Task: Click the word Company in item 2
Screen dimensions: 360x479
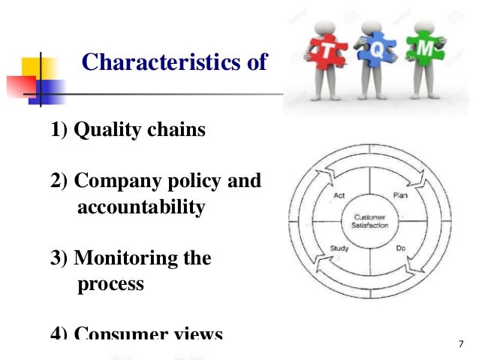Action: [x=119, y=182]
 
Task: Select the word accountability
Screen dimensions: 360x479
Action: [x=140, y=207]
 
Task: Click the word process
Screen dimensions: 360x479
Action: [x=110, y=285]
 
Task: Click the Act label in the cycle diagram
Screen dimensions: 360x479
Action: [x=340, y=195]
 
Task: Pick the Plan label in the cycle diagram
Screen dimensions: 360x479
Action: [x=399, y=195]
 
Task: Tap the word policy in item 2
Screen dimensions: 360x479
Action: [x=194, y=182]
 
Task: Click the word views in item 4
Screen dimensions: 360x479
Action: [x=197, y=334]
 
